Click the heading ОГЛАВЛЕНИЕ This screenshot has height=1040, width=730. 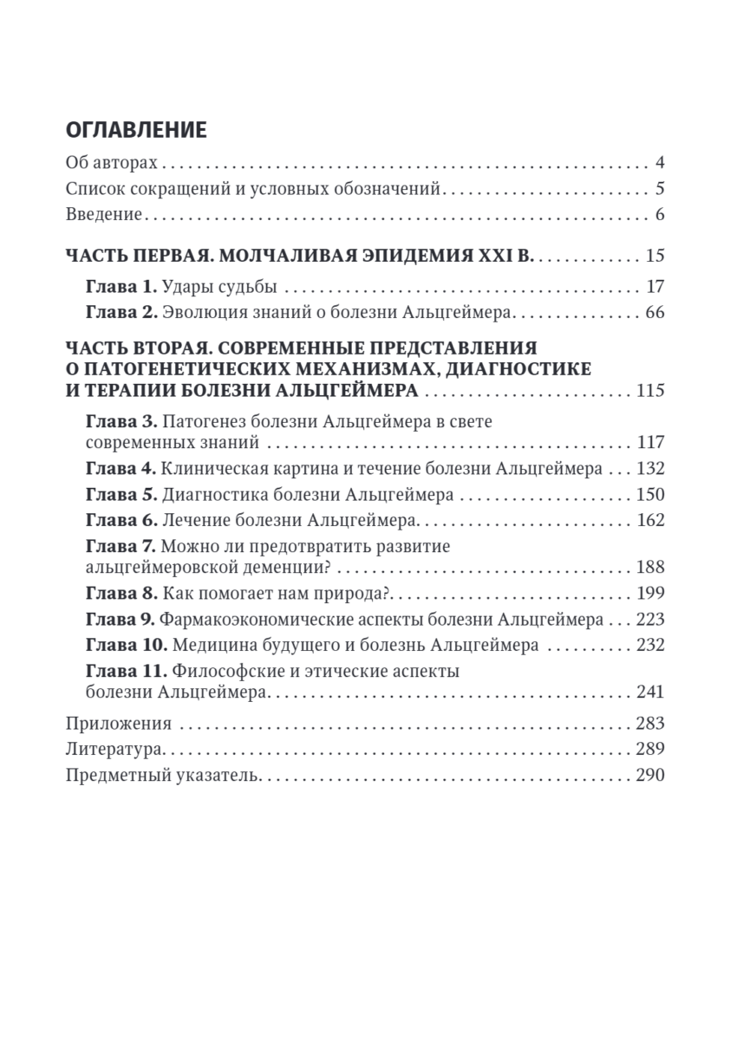[x=136, y=130]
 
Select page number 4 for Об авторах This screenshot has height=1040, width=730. [x=660, y=162]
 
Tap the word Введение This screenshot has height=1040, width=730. [x=103, y=215]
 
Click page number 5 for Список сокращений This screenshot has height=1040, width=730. [x=660, y=189]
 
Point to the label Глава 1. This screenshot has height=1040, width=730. [x=121, y=287]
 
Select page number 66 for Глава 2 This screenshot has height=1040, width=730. [x=655, y=312]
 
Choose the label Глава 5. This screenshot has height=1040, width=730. [x=121, y=495]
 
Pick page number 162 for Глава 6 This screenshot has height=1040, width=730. [x=649, y=520]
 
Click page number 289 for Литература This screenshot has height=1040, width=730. [x=649, y=749]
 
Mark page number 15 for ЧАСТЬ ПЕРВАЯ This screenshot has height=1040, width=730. [x=655, y=256]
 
